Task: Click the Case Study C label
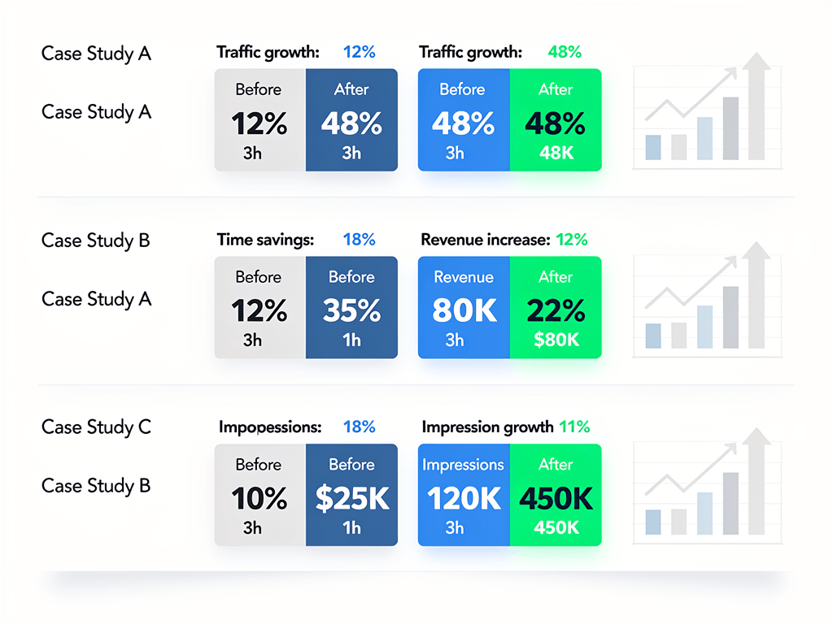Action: coord(96,427)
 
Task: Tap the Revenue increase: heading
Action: coord(485,240)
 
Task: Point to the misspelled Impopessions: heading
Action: coord(270,427)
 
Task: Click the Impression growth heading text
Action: coord(487,427)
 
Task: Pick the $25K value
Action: coord(351,499)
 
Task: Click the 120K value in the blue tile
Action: coord(463,499)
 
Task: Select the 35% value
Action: coord(351,311)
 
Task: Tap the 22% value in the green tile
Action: coord(556,311)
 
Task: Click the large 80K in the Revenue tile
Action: coord(463,311)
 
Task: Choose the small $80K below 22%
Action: coord(556,340)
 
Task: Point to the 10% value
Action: coord(259,499)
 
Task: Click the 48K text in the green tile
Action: coord(556,152)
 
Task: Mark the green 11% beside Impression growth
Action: coord(574,427)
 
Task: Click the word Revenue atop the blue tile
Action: coord(463,277)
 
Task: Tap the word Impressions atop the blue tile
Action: coord(463,465)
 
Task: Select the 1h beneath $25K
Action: coord(351,527)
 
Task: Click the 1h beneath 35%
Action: coord(351,340)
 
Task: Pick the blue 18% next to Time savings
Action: coord(359,240)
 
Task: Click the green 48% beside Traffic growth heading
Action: coord(565,52)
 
